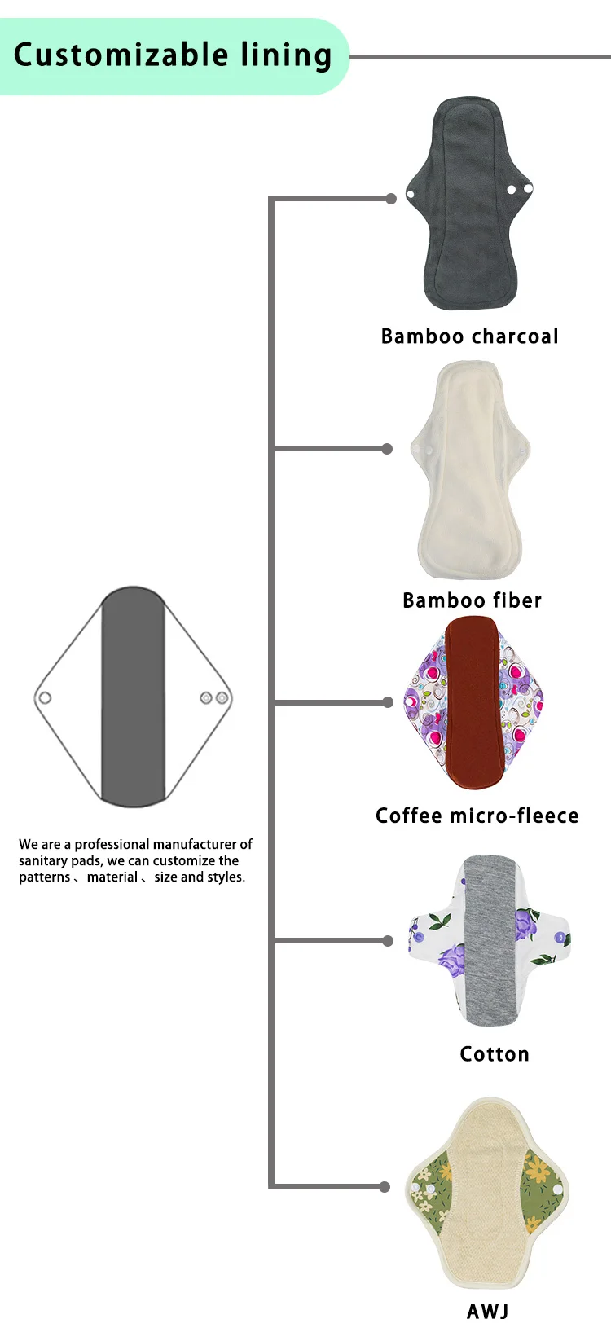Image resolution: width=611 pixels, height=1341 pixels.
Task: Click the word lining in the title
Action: (x=286, y=55)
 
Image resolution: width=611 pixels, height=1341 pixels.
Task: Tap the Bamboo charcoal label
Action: (x=469, y=336)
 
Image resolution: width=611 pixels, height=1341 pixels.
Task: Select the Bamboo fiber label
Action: (x=472, y=600)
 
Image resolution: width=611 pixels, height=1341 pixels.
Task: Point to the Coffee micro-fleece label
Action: (x=477, y=816)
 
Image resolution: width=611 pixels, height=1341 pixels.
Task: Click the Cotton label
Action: (x=494, y=1054)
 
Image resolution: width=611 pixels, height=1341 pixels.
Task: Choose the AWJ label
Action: (x=487, y=1311)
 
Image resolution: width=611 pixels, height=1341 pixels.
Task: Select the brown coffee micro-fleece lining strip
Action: (x=472, y=701)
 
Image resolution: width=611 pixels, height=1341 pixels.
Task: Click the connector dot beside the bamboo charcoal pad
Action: (x=391, y=199)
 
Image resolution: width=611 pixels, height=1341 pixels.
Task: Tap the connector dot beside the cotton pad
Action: (x=388, y=941)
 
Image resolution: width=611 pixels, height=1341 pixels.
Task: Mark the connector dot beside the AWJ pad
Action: (x=385, y=1187)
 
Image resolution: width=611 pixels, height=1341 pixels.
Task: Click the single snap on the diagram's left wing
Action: (x=46, y=698)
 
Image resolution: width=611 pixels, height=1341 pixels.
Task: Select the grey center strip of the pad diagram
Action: (x=134, y=697)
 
